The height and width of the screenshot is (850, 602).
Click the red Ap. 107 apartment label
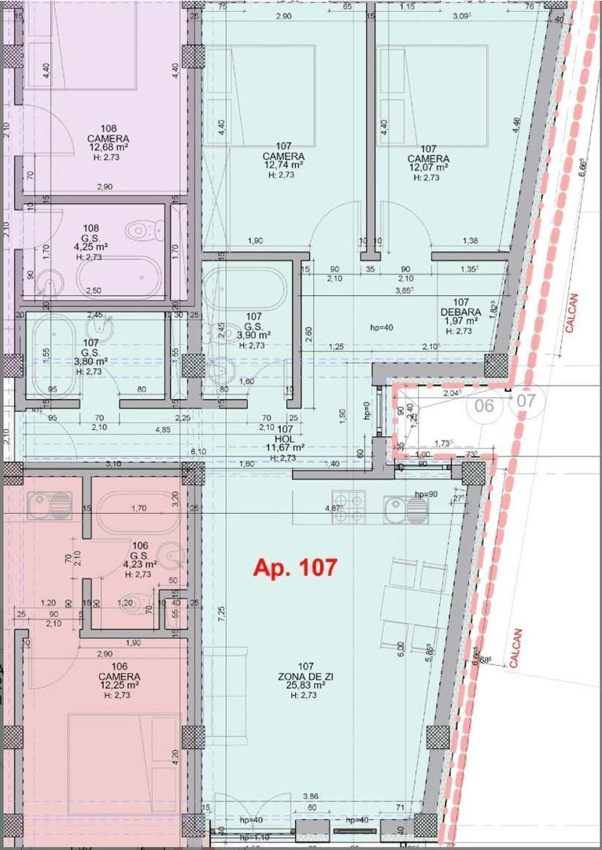[294, 567]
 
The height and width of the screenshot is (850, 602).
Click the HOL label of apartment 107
[284, 438]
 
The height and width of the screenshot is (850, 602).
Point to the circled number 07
[526, 401]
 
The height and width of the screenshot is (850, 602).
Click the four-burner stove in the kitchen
[349, 507]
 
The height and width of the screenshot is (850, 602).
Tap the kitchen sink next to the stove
[406, 510]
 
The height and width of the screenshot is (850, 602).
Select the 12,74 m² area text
[283, 166]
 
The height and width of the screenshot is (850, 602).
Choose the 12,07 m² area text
[428, 167]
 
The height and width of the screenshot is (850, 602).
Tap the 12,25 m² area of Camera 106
[109, 686]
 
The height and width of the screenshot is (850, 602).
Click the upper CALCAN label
[573, 312]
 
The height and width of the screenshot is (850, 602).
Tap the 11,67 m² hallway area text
[284, 448]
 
